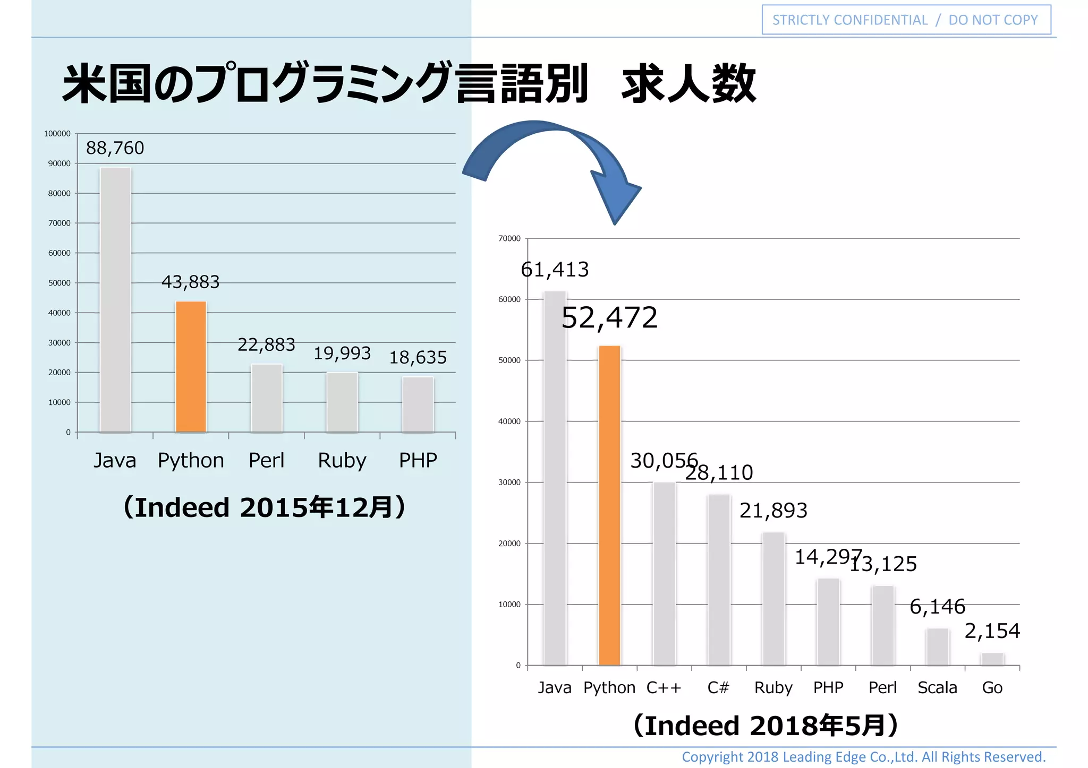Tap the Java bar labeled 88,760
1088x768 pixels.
[x=115, y=300]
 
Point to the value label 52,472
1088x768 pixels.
[x=609, y=318]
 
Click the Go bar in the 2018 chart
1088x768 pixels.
[x=992, y=659]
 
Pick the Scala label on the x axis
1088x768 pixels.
[x=937, y=687]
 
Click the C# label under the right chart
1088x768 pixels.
[x=718, y=687]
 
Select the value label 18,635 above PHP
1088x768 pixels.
[x=418, y=358]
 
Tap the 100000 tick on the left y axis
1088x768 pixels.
[x=57, y=134]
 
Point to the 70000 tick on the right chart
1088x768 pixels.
[x=509, y=239]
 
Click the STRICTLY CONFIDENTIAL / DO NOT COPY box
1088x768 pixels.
[x=906, y=20]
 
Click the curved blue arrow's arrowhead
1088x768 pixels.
[x=616, y=199]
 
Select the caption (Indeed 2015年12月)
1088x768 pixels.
[x=264, y=507]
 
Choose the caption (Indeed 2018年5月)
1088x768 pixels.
[x=766, y=726]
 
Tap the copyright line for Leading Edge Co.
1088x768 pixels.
[x=863, y=756]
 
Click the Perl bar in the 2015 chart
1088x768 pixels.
[x=267, y=398]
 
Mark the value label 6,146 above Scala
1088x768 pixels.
[x=937, y=607]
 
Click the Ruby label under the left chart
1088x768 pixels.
[x=342, y=460]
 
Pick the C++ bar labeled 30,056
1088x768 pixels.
[x=664, y=573]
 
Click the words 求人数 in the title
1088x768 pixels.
[x=688, y=84]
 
